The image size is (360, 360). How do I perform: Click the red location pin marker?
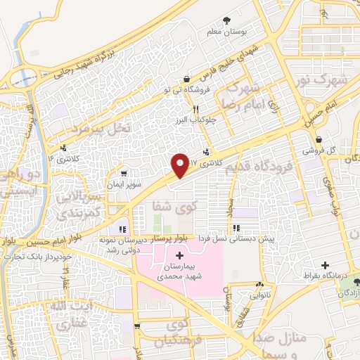180,165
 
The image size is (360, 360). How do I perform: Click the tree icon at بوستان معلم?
226,21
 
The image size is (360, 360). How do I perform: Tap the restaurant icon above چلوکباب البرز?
196,109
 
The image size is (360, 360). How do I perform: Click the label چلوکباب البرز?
195,120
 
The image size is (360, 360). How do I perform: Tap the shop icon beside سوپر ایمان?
123,173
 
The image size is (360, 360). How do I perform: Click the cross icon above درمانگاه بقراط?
325,265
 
